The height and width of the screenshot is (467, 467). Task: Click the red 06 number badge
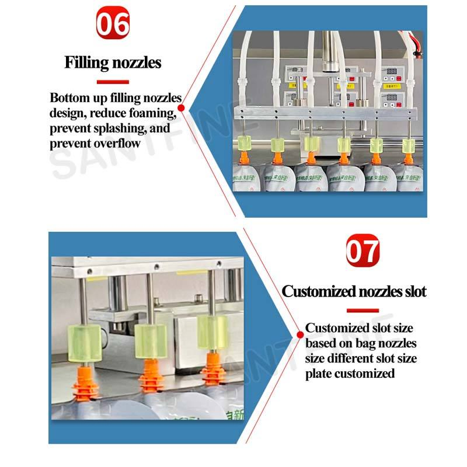(x=113, y=24)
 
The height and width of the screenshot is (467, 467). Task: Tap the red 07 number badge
(x=363, y=252)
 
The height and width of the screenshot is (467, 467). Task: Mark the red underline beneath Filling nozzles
(x=113, y=81)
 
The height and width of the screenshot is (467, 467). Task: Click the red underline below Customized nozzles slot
(x=363, y=311)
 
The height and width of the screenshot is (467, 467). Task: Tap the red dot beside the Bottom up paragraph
(x=181, y=107)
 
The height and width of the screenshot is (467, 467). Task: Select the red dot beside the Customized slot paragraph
(x=300, y=333)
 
